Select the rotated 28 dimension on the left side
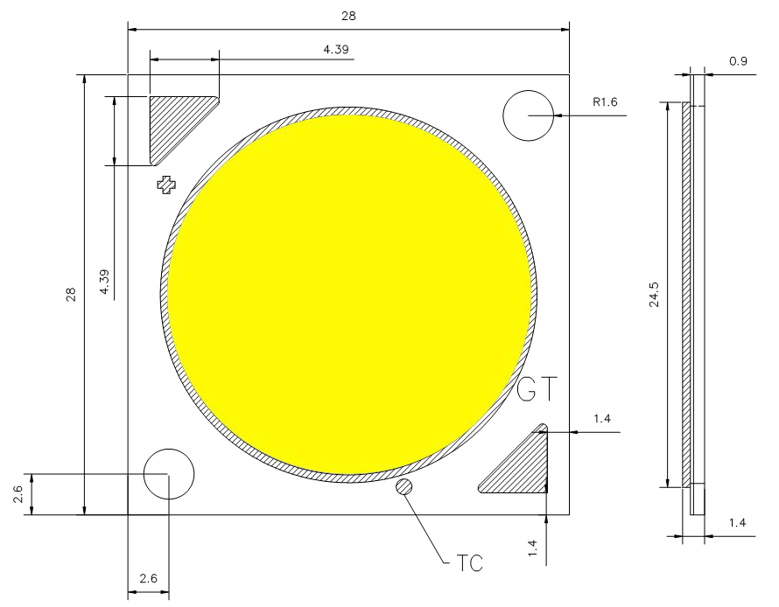pyautogui.click(x=72, y=295)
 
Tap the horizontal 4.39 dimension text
pyautogui.click(x=336, y=50)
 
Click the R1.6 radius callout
pyautogui.click(x=605, y=102)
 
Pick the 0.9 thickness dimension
pyautogui.click(x=739, y=62)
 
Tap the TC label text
pyautogui.click(x=469, y=561)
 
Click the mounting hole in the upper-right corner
pyautogui.click(x=529, y=115)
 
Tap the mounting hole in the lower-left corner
pyautogui.click(x=168, y=473)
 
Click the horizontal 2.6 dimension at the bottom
pyautogui.click(x=147, y=578)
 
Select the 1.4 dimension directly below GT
pyautogui.click(x=600, y=419)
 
